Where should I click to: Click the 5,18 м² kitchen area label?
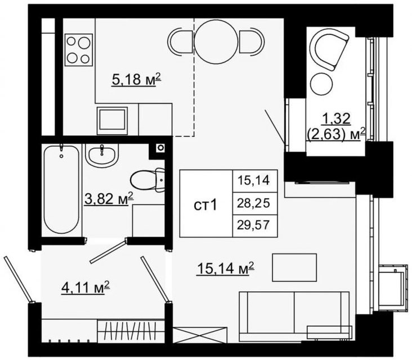(136, 79)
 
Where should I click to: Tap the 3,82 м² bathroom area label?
(109, 199)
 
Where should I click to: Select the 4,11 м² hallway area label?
(86, 288)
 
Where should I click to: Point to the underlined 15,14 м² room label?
(226, 268)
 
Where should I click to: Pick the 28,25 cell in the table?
(255, 203)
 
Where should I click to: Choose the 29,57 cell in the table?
(255, 225)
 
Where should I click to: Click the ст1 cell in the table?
(206, 203)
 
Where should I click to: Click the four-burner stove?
(79, 50)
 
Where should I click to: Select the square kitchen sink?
(112, 119)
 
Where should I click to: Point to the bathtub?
(61, 189)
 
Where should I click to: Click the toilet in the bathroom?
(147, 180)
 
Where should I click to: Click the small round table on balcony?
(321, 83)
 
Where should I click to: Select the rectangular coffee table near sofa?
(294, 268)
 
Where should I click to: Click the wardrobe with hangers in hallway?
(131, 331)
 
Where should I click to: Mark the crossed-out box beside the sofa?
(200, 335)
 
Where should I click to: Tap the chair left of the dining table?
(180, 42)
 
